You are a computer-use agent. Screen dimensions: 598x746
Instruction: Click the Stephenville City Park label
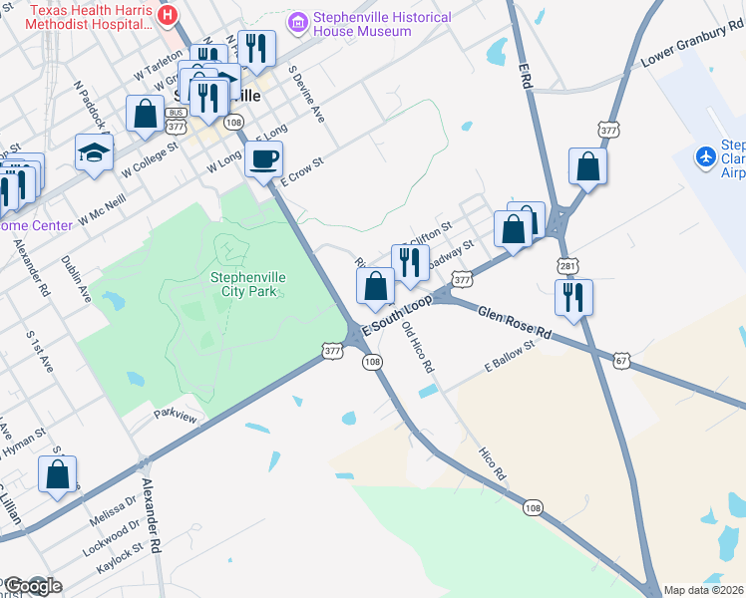(x=243, y=284)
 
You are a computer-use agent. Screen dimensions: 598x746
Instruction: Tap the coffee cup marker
(x=263, y=159)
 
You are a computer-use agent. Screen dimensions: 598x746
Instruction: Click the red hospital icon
(x=168, y=16)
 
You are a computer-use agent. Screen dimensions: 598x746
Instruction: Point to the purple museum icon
(x=297, y=21)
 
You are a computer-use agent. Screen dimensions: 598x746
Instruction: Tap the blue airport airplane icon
(x=707, y=157)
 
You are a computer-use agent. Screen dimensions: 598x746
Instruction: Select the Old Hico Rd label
(x=418, y=347)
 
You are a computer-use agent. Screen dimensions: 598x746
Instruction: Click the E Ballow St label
(x=510, y=354)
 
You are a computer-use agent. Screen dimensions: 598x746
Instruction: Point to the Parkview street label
(x=176, y=415)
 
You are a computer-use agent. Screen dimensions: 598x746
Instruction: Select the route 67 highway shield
(x=621, y=361)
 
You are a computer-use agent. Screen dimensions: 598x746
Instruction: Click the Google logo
(x=32, y=586)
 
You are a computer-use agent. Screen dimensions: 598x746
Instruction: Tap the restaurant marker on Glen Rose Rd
(x=573, y=298)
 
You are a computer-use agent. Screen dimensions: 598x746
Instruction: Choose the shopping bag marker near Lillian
(x=57, y=475)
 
